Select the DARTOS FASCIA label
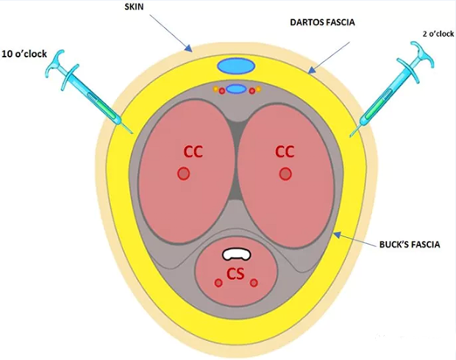coord(322,23)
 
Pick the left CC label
coord(193,152)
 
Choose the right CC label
coord(285,152)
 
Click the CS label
coord(235,274)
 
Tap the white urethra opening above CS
coord(237,253)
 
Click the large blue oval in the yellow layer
coord(236,65)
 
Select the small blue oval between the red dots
coord(236,90)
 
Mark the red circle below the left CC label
coord(184,174)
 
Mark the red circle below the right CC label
coord(285,174)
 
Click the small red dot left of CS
coord(218,283)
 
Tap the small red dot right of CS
coord(254,283)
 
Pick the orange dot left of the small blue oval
coord(215,90)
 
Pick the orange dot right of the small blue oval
coord(257,90)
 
